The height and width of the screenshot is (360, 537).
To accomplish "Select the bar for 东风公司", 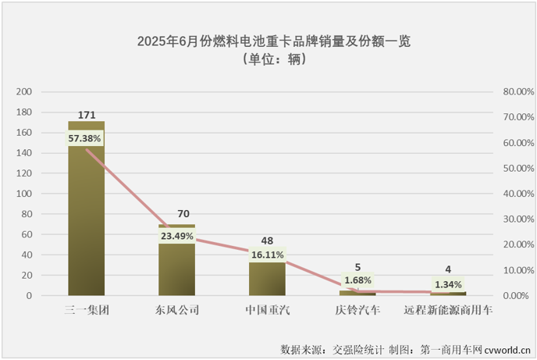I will (x=176, y=266).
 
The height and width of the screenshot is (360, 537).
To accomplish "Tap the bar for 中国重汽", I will (x=267, y=277).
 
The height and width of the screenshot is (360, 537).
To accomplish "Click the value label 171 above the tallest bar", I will (x=86, y=115).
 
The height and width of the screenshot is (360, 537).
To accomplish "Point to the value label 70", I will (x=176, y=213).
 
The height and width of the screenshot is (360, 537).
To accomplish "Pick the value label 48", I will (x=267, y=236).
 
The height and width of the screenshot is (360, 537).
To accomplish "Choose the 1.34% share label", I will (x=448, y=284).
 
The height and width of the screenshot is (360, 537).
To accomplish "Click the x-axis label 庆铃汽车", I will (x=357, y=310).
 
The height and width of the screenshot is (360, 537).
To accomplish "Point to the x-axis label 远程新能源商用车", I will (x=448, y=310).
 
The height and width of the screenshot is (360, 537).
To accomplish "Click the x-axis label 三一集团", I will (x=86, y=310).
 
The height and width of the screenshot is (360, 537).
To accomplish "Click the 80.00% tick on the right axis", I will (x=517, y=91).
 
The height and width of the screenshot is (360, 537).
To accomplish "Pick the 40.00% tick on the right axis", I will (x=517, y=194).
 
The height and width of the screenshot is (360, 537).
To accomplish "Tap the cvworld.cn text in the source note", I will (x=506, y=348).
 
